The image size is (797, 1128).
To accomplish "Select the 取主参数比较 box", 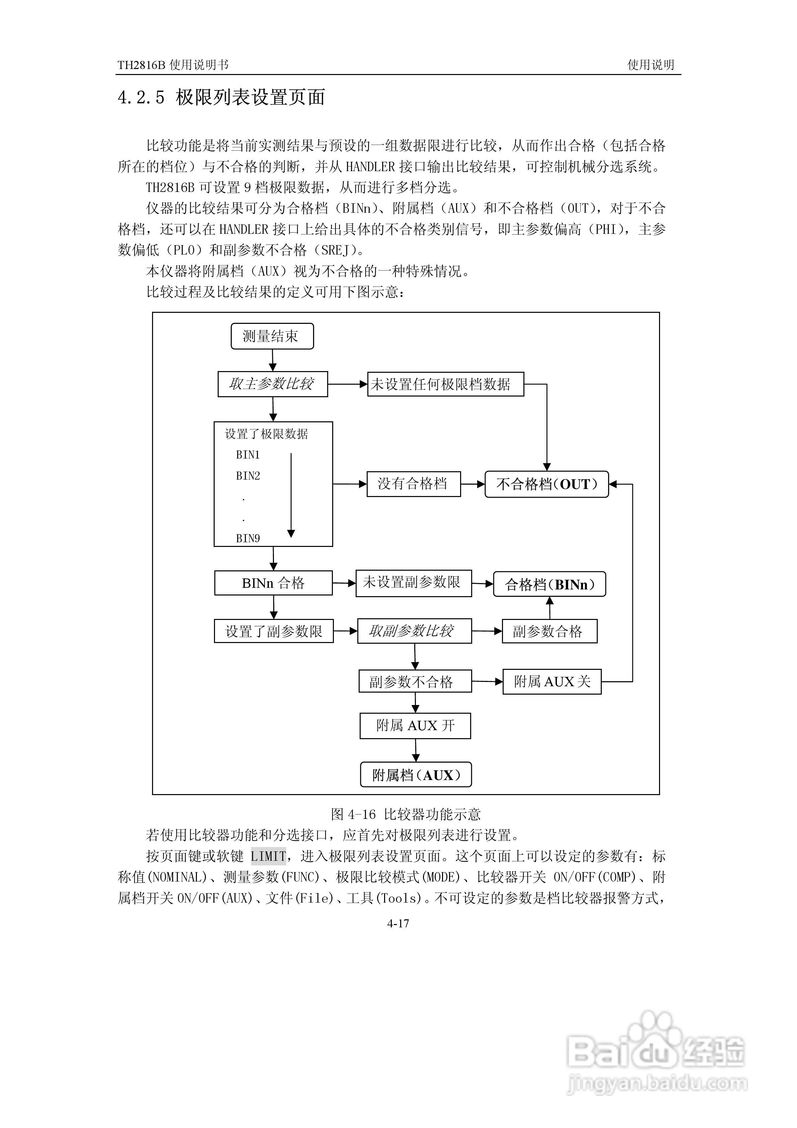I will tap(273, 384).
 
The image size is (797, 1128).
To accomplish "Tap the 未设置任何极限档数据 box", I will tap(445, 384).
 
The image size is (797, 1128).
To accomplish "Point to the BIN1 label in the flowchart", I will tap(248, 455).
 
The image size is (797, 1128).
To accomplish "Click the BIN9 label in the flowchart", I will tap(248, 539).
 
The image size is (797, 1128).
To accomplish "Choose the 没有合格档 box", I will tap(413, 484).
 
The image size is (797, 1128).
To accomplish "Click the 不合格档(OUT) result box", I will tap(547, 484).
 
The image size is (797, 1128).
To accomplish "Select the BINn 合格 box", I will tap(273, 583).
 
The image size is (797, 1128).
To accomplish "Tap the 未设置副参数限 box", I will tap(413, 583).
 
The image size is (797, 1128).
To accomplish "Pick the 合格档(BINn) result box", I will tap(549, 584).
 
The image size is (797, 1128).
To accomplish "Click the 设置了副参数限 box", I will tap(274, 631).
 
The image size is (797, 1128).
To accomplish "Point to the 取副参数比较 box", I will tap(414, 631).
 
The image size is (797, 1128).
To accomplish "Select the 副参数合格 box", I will tap(549, 631).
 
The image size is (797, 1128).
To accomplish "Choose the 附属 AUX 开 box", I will tap(415, 726).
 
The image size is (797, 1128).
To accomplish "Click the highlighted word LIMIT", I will tap(268, 856).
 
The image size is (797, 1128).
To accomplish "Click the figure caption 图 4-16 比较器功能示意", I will tap(406, 814).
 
